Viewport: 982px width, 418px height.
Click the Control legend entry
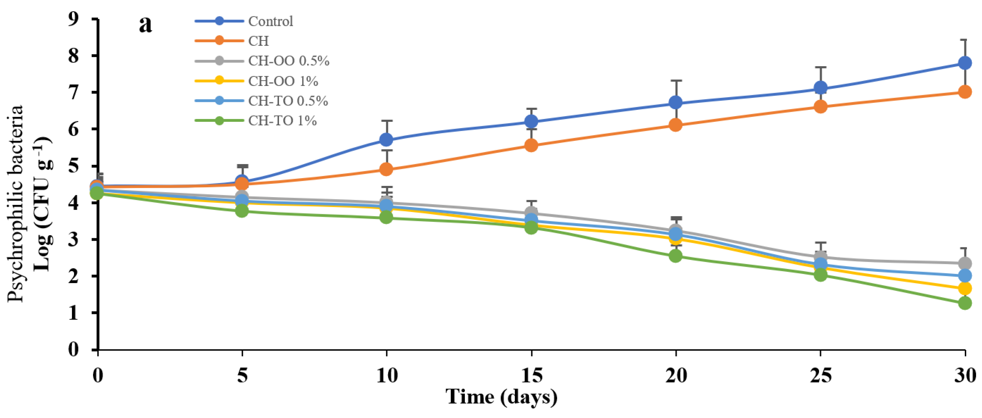point(270,21)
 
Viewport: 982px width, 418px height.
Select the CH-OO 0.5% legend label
point(288,61)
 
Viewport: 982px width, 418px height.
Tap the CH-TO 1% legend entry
point(282,121)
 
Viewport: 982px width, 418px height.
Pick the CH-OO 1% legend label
point(283,81)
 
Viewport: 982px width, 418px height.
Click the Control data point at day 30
point(965,63)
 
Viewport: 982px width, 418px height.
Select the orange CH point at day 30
point(965,92)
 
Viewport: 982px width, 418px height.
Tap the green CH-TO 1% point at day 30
point(965,303)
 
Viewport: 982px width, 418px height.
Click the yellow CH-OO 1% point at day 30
point(965,288)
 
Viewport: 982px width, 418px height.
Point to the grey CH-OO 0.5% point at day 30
point(965,263)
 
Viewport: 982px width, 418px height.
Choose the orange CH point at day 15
point(531,145)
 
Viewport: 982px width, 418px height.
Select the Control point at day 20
point(676,102)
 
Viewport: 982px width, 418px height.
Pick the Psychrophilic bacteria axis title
point(16,204)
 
